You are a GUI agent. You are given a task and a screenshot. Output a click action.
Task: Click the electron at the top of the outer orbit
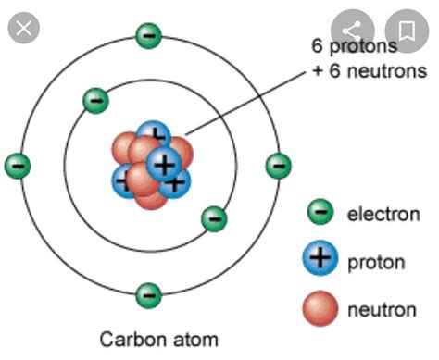coord(147,35)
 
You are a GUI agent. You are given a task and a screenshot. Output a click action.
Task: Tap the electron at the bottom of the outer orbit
coord(147,295)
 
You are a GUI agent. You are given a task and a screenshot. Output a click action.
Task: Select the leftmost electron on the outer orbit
coord(18,166)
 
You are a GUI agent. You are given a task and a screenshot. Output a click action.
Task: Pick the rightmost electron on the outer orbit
coord(277,166)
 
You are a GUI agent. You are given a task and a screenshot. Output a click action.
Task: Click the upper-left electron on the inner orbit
coord(94,99)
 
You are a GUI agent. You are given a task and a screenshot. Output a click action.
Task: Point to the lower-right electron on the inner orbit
coord(214,218)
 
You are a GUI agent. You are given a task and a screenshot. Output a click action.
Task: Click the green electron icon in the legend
coord(321,214)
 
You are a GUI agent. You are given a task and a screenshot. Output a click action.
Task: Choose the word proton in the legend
coord(375,262)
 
